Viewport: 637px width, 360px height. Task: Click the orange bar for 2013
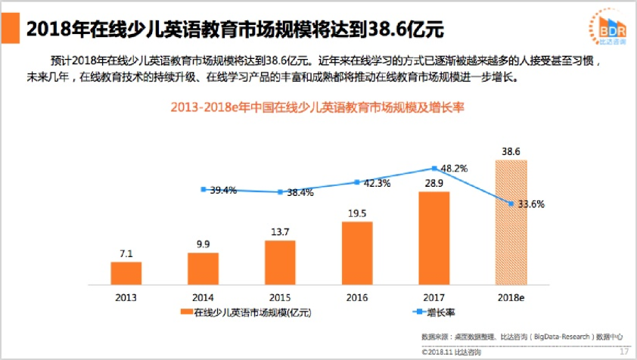(126, 273)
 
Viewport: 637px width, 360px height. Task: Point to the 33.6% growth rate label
(530, 204)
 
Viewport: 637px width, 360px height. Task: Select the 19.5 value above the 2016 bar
(357, 213)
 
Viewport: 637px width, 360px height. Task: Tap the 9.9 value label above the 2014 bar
(203, 244)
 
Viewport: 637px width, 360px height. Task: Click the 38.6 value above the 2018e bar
(511, 152)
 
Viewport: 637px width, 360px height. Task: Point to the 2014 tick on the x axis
(203, 297)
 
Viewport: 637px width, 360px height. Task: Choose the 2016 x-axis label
(357, 297)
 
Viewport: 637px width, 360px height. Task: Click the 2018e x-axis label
(511, 297)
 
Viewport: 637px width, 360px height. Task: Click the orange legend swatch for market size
(186, 312)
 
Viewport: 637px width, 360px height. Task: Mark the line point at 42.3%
(357, 182)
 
